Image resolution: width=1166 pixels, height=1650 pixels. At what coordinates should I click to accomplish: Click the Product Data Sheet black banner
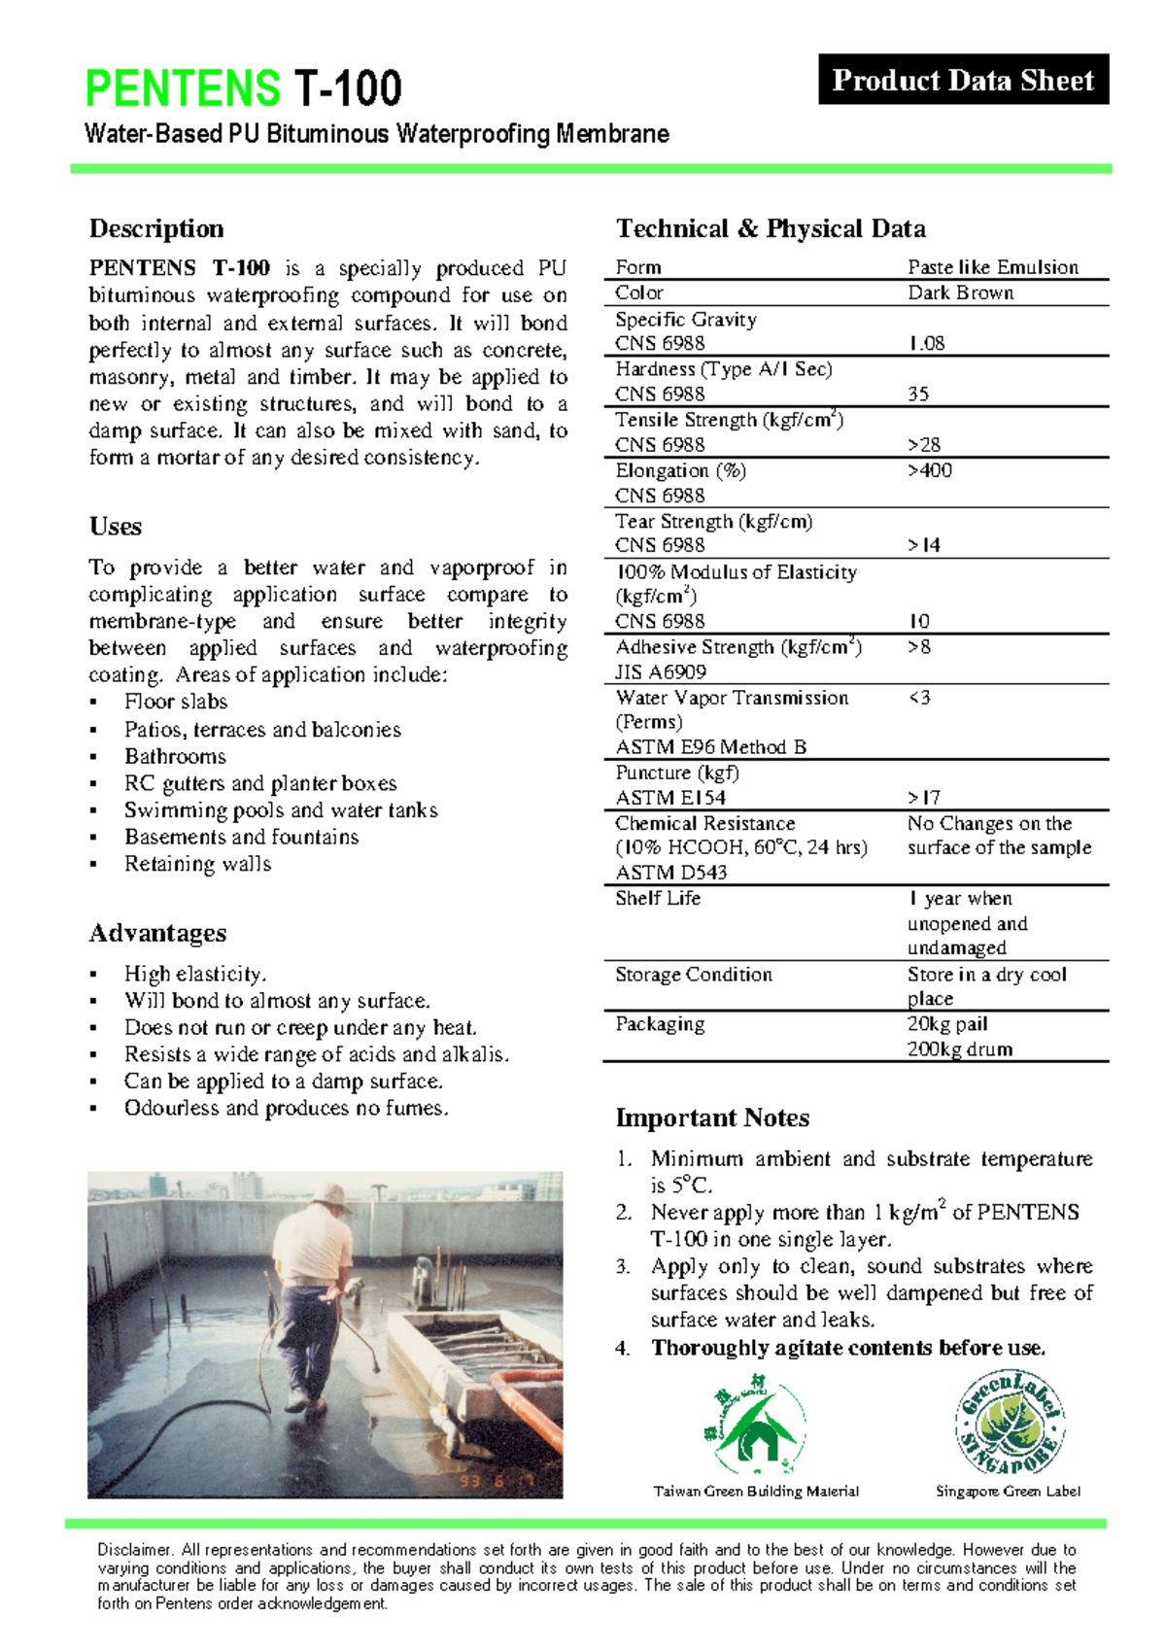click(x=963, y=80)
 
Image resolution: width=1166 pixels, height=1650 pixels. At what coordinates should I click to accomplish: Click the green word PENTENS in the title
click(x=183, y=88)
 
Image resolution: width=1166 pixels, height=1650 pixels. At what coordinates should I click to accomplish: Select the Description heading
click(x=156, y=228)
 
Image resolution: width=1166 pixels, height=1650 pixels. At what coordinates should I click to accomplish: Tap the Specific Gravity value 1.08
click(x=926, y=343)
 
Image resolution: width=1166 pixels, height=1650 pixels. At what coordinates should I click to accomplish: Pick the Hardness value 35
click(x=918, y=394)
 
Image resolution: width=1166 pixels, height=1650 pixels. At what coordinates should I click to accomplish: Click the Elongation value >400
click(x=930, y=470)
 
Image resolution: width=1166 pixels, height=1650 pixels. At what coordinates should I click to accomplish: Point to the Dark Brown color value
click(x=960, y=292)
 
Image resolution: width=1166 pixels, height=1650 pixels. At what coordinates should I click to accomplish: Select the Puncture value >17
click(x=924, y=798)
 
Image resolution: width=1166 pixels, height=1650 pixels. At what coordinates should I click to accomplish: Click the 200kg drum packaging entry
click(x=959, y=1049)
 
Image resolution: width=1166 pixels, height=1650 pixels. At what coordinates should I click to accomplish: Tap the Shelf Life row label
click(x=658, y=898)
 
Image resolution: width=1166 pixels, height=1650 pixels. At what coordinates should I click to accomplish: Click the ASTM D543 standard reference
click(x=671, y=873)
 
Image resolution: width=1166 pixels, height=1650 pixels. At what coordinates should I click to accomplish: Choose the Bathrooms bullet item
click(x=175, y=756)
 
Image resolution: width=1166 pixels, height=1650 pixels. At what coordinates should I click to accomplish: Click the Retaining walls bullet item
click(x=197, y=864)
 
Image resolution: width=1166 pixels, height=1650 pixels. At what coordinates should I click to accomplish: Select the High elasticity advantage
click(x=194, y=974)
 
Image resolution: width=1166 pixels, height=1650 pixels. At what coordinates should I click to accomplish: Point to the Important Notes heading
click(x=712, y=1117)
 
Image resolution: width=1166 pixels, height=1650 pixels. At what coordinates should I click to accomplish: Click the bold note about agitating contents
click(x=848, y=1348)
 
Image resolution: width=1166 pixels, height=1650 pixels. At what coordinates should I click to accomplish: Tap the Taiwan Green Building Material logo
click(x=755, y=1426)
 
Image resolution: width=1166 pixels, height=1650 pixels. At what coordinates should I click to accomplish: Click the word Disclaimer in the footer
click(x=135, y=1550)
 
